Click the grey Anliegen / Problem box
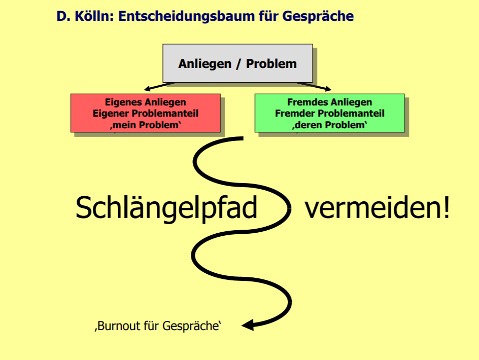tap(237, 63)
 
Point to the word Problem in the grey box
tap(271, 64)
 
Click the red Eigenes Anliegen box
tap(146, 113)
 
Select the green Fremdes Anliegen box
tap(329, 113)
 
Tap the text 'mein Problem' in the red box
tap(146, 125)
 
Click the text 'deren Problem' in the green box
tap(329, 125)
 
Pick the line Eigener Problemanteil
tap(146, 114)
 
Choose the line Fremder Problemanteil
tap(329, 114)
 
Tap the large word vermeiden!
tap(377, 207)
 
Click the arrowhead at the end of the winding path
tap(248, 325)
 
